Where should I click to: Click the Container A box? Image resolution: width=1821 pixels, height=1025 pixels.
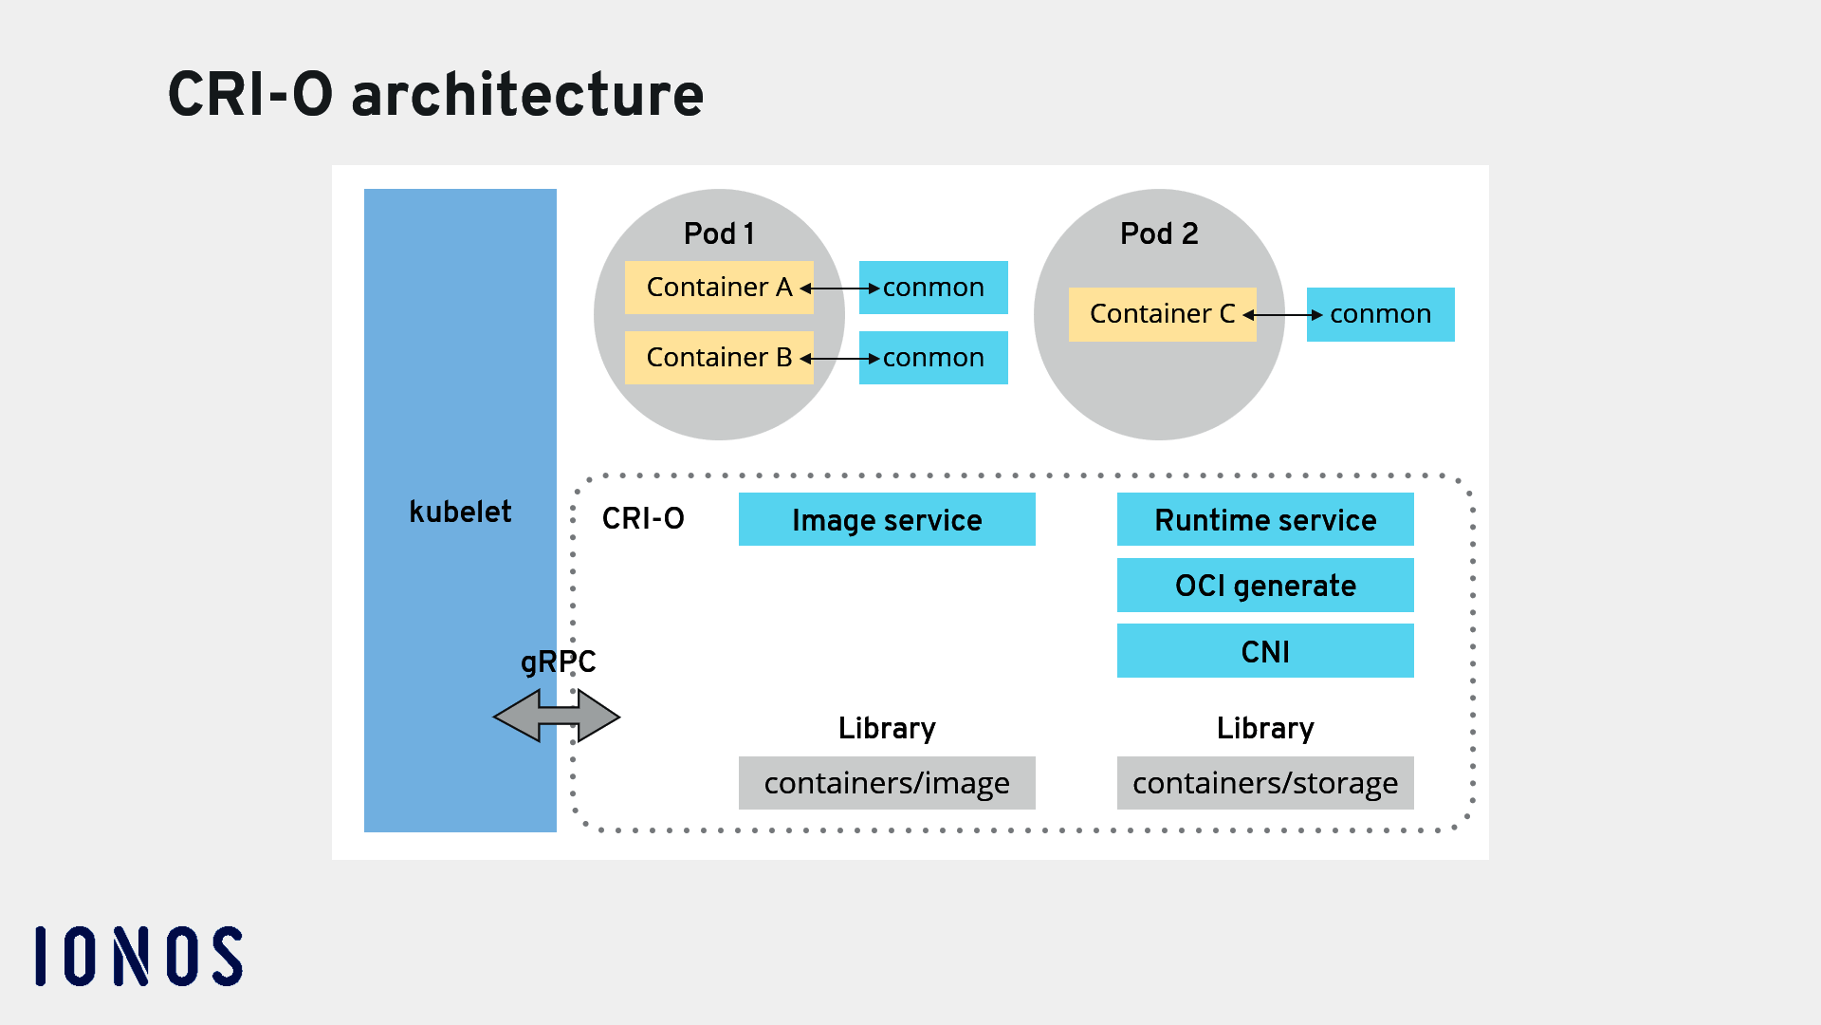(718, 288)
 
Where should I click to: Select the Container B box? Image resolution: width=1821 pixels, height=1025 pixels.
(718, 358)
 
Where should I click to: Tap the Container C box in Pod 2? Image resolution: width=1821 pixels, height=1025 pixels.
(1162, 314)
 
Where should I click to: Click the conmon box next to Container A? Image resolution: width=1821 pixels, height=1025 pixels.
(933, 288)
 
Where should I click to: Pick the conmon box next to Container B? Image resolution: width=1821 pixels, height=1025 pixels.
(933, 358)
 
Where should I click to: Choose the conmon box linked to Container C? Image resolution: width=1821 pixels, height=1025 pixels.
(1380, 314)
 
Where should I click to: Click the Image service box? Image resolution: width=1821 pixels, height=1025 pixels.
(887, 519)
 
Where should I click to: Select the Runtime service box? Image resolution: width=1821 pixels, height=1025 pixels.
(1265, 519)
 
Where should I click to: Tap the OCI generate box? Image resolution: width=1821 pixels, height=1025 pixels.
(1265, 586)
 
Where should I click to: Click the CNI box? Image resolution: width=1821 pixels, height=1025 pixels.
(1265, 651)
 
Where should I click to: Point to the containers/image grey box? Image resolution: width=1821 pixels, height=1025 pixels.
(887, 783)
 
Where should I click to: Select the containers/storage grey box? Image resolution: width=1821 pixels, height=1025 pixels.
(1265, 783)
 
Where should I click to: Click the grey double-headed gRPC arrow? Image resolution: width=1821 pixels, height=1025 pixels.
(557, 716)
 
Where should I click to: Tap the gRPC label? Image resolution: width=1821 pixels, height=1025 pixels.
(558, 662)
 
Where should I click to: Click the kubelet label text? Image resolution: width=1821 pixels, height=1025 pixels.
(460, 512)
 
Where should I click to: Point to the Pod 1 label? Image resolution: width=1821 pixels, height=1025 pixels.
(719, 233)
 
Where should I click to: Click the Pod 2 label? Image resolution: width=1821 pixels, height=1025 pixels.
(1159, 233)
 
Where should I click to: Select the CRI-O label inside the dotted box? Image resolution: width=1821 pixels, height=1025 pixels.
(643, 519)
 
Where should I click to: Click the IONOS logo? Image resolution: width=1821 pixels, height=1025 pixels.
(139, 956)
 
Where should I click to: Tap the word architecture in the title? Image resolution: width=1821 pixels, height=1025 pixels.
(527, 95)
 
